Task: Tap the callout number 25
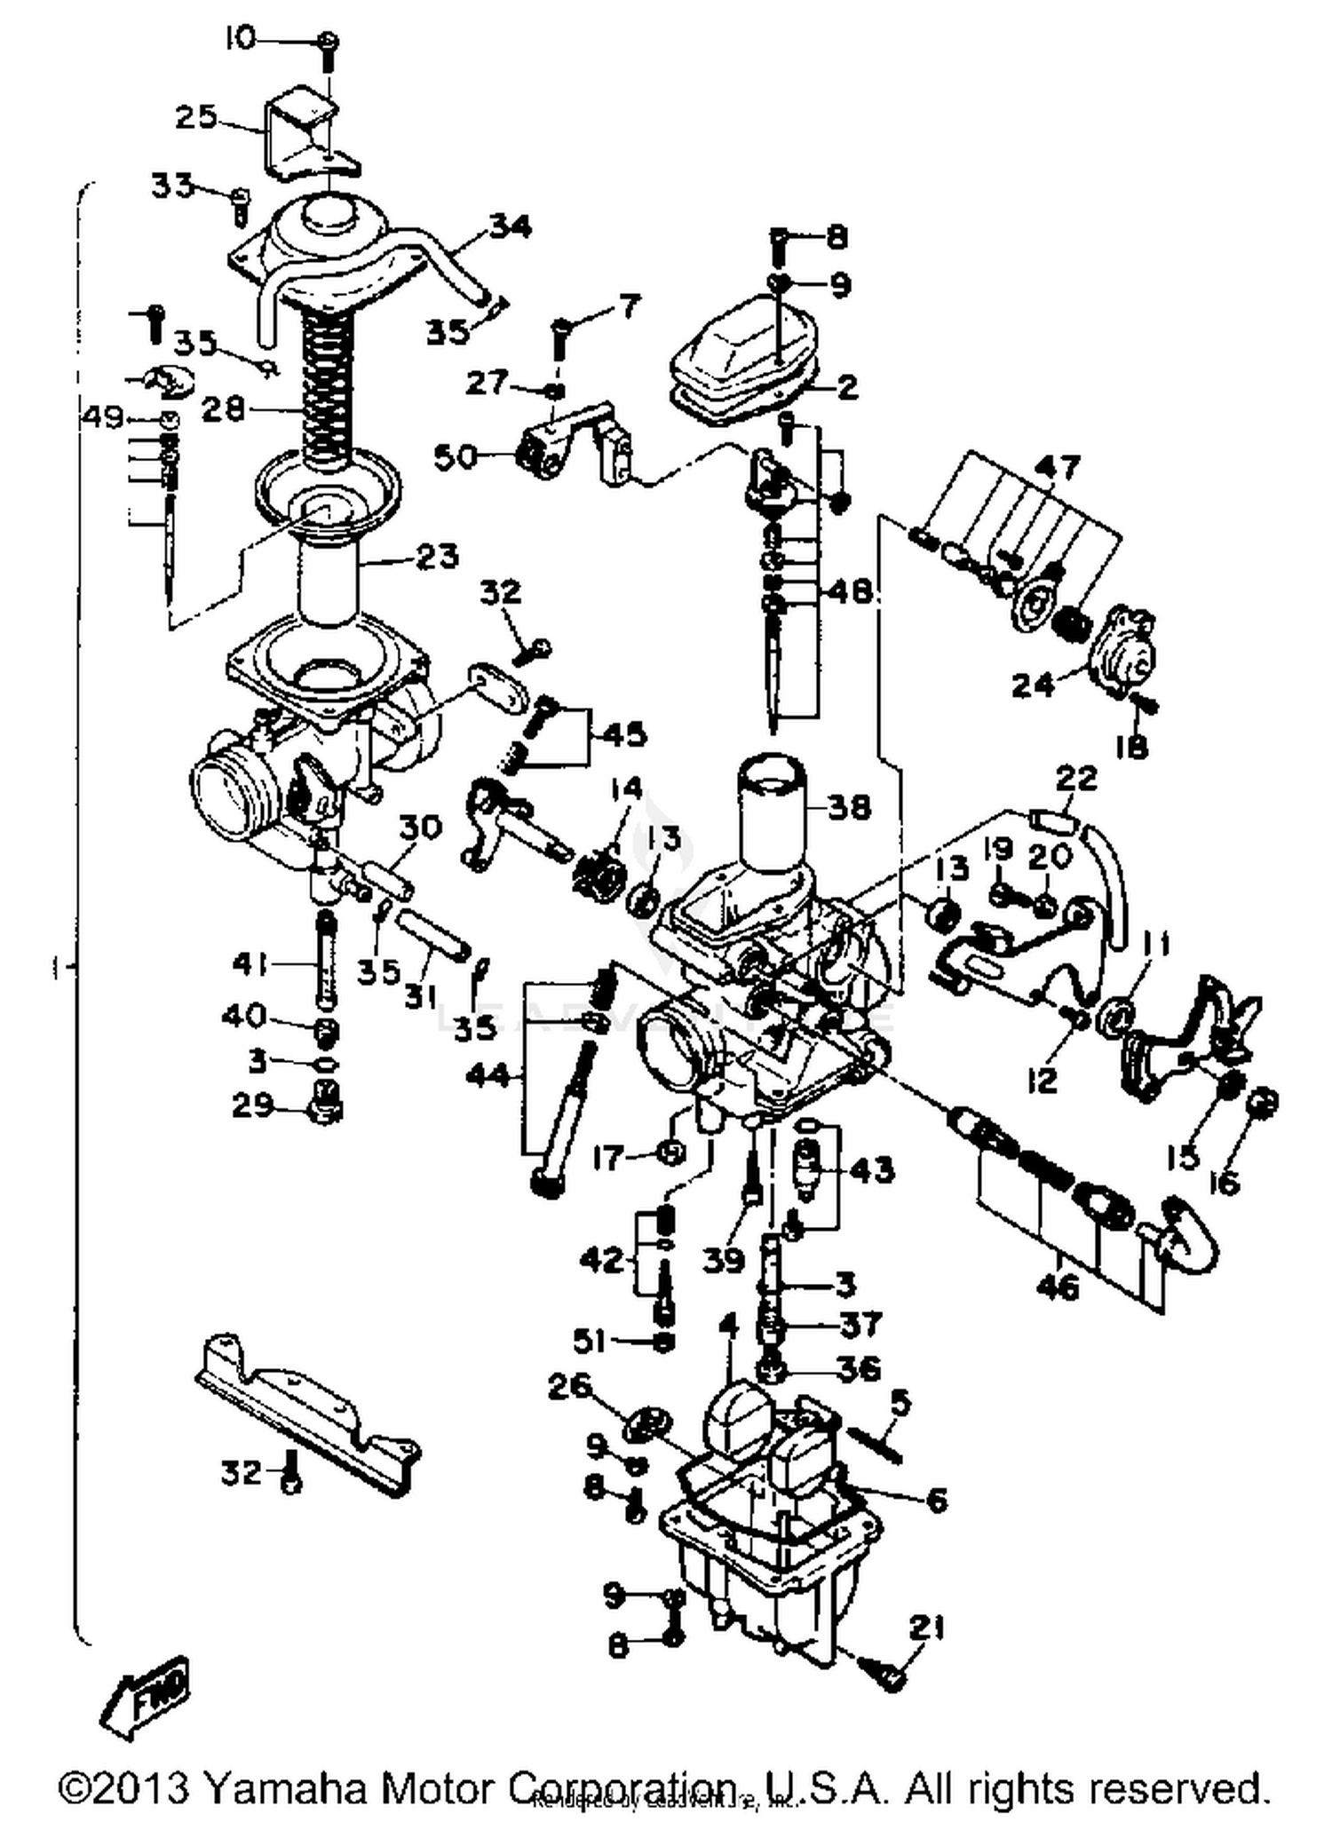(196, 116)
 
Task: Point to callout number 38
(849, 807)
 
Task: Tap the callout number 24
(1034, 685)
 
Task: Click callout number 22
(1076, 779)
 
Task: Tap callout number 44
(489, 1076)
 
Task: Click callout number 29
(253, 1105)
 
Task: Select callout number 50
(456, 457)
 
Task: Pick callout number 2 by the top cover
(848, 387)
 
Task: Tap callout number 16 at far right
(1225, 1182)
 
